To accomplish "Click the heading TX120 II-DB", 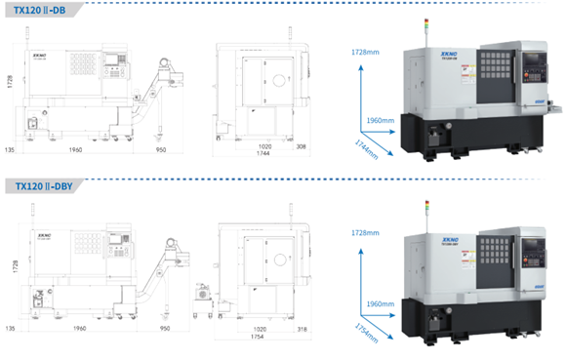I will pyautogui.click(x=40, y=9).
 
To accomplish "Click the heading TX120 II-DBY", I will pyautogui.click(x=43, y=185).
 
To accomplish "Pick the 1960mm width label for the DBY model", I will pyautogui.click(x=381, y=303).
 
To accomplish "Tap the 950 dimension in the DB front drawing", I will pyautogui.click(x=162, y=151).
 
